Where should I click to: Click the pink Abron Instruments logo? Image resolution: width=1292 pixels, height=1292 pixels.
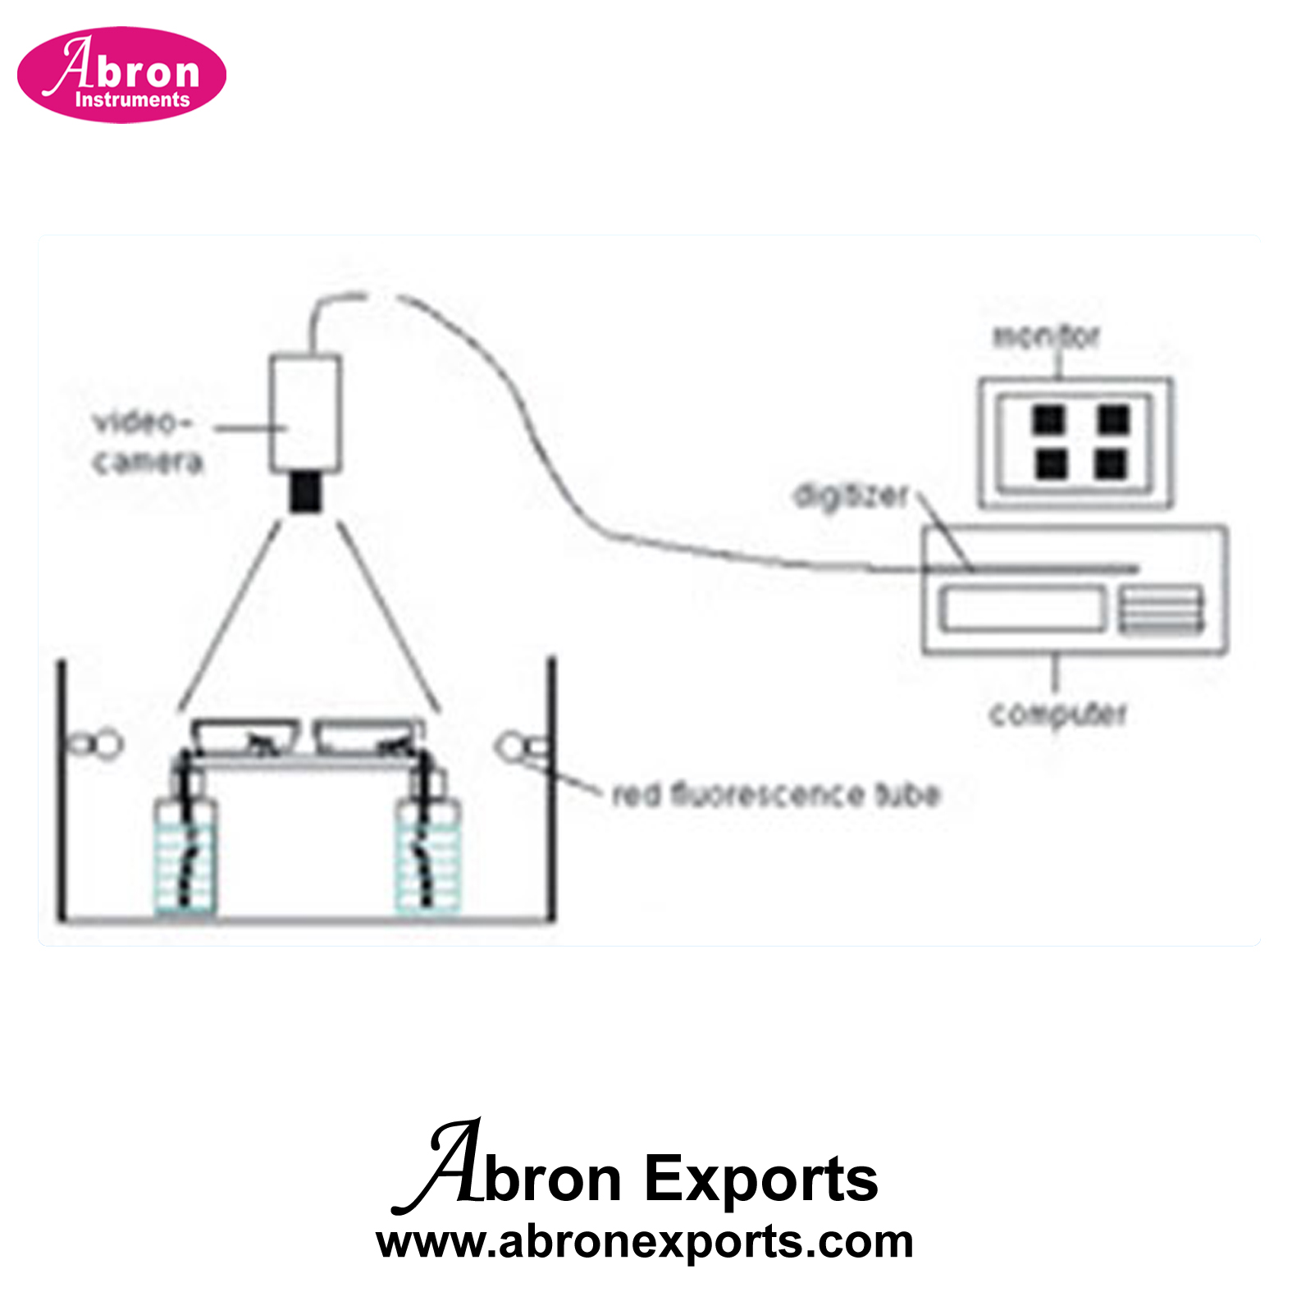(121, 75)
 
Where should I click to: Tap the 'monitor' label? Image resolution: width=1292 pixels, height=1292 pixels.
(1046, 336)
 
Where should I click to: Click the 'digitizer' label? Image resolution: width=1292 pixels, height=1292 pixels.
(851, 495)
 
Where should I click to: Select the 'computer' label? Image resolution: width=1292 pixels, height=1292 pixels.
(1058, 714)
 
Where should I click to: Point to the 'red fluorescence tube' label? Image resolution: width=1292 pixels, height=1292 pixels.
(776, 794)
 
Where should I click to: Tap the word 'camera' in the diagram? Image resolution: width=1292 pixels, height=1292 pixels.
(148, 463)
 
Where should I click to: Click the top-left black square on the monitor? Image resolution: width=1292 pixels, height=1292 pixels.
(1048, 419)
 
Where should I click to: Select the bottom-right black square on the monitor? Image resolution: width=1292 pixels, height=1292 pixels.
(1111, 464)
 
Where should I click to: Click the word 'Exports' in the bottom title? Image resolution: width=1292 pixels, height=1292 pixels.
(760, 1179)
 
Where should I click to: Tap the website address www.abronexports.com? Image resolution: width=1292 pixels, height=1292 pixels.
(645, 1243)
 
